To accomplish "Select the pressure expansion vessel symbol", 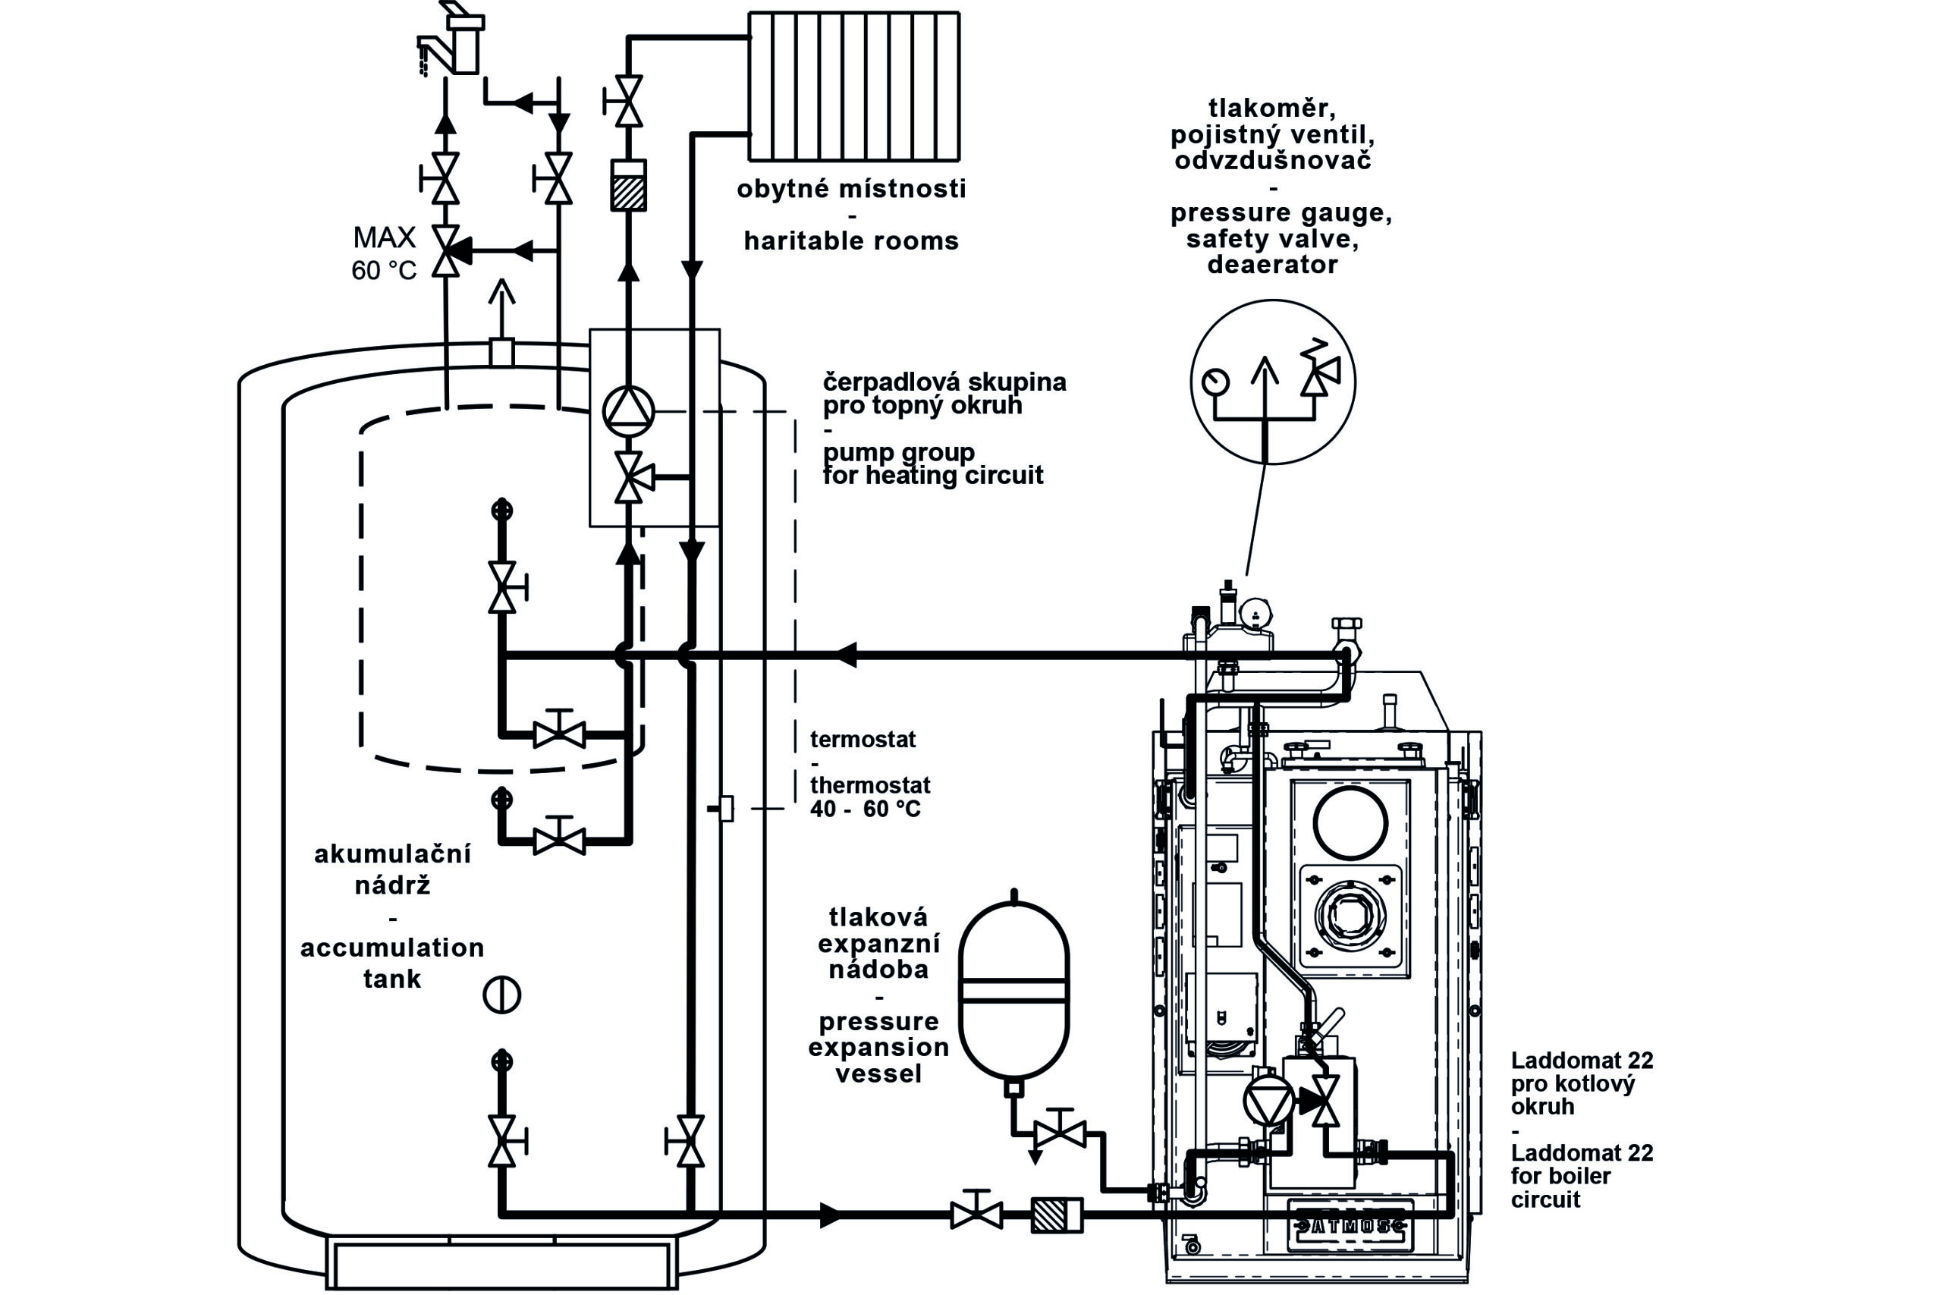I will tap(1014, 991).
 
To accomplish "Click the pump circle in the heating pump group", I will tap(628, 410).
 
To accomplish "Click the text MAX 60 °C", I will tap(384, 253).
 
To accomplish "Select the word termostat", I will tap(863, 739).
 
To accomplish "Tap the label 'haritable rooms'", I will tap(851, 241).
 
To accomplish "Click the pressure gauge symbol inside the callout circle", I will tap(1215, 382).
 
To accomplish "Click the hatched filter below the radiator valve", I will tap(628, 186).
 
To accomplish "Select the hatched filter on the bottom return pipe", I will tap(1057, 1215).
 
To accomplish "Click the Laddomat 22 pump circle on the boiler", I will tap(1268, 1101).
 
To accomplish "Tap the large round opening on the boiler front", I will tap(1351, 822).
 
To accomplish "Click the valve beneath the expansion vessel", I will tap(1061, 1134).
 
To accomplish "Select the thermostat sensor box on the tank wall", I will tap(726, 808).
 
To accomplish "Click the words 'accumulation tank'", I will tap(392, 963).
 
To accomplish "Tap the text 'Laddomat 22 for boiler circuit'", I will tap(1582, 1175).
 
